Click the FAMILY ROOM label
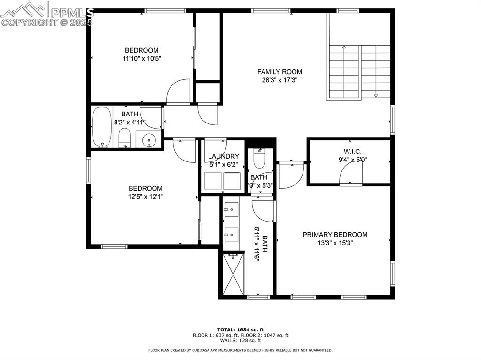[x=279, y=72]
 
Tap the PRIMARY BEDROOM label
[x=334, y=235]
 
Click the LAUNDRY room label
[x=224, y=156]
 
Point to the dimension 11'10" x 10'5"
[x=141, y=59]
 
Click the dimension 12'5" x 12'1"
[x=147, y=197]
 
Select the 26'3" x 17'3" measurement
[x=279, y=80]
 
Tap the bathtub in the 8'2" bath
[x=101, y=127]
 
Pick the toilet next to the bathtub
[x=124, y=138]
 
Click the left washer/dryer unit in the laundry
[x=213, y=181]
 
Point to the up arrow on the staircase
[x=344, y=47]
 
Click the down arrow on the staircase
[x=376, y=96]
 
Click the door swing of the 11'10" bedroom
[x=179, y=92]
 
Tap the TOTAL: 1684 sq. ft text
[x=240, y=329]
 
